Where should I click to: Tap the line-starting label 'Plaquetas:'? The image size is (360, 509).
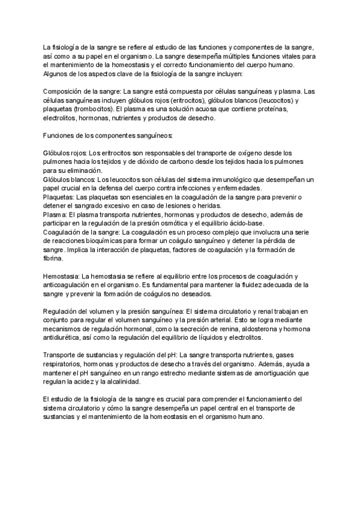pos(58,197)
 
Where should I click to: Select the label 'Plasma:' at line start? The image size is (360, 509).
pos(55,214)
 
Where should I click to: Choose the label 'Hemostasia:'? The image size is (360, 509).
pos(61,276)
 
